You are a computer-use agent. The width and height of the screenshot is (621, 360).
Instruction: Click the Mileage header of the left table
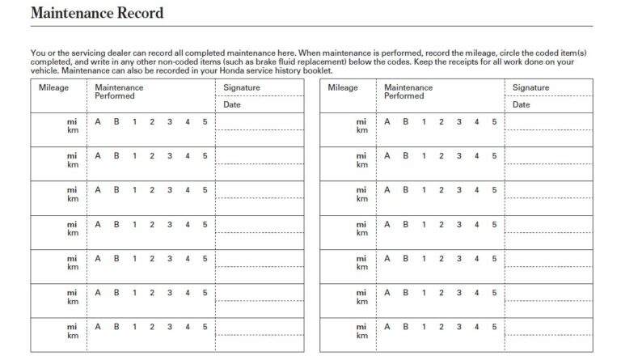click(x=54, y=87)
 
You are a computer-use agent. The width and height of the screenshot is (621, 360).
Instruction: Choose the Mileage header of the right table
click(x=343, y=87)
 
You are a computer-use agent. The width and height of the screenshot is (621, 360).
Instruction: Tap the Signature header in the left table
click(x=241, y=87)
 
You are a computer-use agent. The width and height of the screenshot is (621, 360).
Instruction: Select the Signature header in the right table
click(x=530, y=87)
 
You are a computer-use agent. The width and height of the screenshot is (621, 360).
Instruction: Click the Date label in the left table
click(x=232, y=104)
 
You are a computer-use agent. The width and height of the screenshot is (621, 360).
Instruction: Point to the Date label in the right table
click(x=522, y=104)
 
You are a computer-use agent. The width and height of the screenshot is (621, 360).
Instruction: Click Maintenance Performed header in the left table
click(x=119, y=91)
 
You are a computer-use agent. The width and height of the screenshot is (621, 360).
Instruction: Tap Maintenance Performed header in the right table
click(x=408, y=91)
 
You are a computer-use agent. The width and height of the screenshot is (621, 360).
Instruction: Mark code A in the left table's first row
click(x=98, y=122)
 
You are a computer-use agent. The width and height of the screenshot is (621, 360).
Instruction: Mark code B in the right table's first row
click(x=405, y=122)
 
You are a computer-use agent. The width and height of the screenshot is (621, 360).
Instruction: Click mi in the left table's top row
click(x=73, y=122)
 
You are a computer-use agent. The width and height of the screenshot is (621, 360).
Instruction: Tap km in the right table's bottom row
click(x=361, y=335)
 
